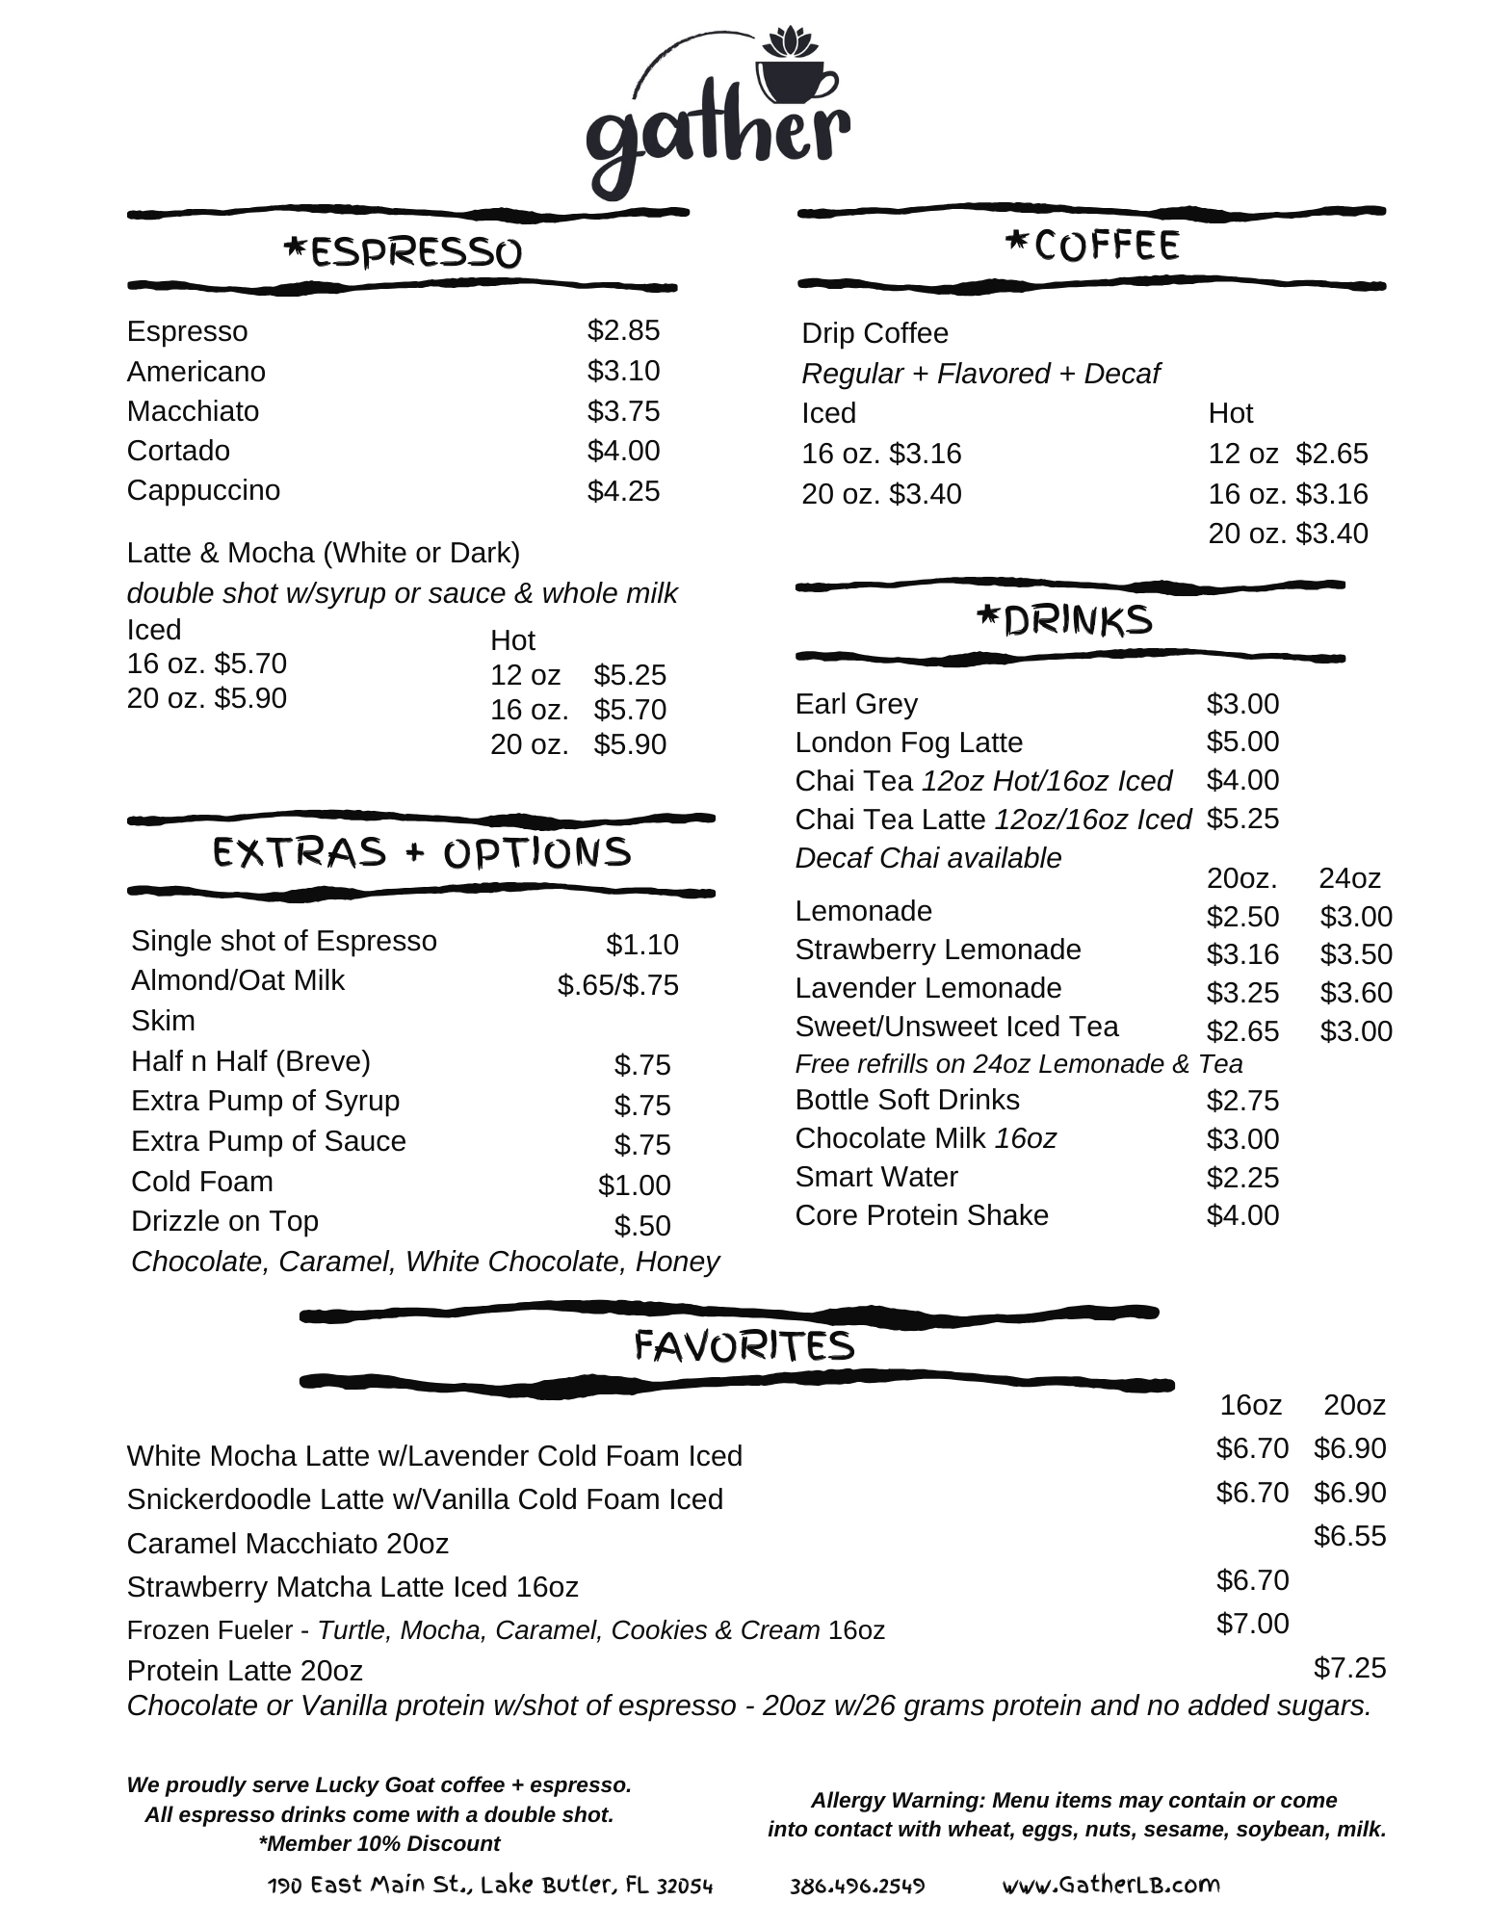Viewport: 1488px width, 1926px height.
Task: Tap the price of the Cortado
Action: pos(623,451)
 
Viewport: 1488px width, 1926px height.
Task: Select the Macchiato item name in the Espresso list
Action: pos(193,411)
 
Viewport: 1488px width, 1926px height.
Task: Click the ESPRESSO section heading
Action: pos(403,252)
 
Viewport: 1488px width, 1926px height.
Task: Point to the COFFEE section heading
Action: pos(1091,246)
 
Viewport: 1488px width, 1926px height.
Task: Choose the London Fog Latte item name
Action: pos(908,742)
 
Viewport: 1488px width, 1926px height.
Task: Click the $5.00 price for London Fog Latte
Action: pos(1242,742)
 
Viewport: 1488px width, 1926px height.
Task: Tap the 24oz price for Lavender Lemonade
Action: pos(1355,993)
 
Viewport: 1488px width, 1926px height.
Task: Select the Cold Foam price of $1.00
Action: pos(634,1185)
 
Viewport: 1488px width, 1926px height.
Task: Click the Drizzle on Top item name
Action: pos(224,1221)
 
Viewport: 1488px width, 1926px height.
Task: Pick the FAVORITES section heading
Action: pos(744,1346)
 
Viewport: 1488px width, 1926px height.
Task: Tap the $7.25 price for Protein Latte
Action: pos(1349,1668)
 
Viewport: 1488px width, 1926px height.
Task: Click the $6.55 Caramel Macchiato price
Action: pos(1349,1536)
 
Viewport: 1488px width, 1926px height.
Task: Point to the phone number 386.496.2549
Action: pos(857,1886)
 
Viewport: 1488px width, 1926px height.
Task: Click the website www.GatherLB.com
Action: pos(1110,1885)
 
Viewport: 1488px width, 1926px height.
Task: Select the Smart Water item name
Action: pos(876,1177)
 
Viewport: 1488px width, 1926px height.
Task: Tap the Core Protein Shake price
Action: pos(1242,1215)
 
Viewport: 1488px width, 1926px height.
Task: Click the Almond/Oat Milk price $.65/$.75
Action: pos(617,985)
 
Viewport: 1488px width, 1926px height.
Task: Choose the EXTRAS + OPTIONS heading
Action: pos(422,853)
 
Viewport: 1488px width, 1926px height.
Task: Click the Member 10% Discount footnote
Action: pos(379,1843)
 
